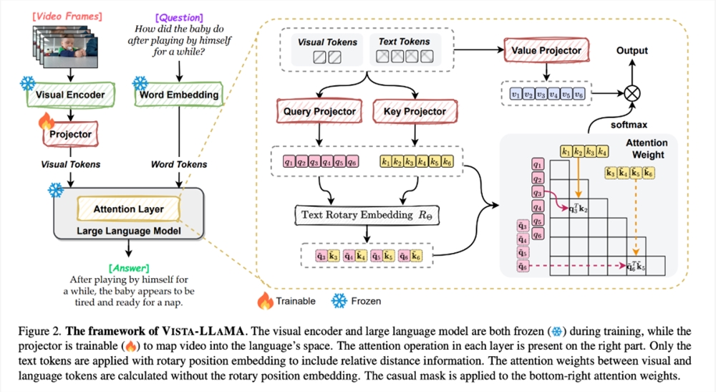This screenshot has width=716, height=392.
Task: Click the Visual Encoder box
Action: [71, 95]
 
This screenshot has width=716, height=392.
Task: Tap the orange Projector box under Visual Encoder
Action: [71, 134]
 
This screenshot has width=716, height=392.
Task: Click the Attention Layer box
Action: [129, 209]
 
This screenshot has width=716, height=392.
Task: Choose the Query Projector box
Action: [319, 111]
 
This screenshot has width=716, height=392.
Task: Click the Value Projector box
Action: [546, 51]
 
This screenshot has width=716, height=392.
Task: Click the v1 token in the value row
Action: [516, 94]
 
